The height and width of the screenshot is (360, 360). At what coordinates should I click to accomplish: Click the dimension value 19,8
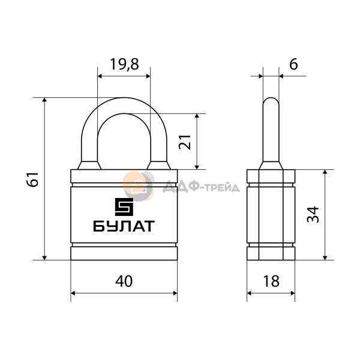click(x=125, y=64)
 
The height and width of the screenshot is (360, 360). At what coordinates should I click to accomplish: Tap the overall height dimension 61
click(x=32, y=179)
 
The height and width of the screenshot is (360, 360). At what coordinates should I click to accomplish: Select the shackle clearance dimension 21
click(x=185, y=142)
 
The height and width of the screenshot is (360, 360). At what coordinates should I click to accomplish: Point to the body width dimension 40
click(x=124, y=281)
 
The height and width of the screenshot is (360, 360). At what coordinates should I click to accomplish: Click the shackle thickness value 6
click(x=293, y=64)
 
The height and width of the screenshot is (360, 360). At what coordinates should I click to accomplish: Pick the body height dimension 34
click(x=313, y=214)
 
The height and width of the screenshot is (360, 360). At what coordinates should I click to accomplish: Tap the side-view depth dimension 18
click(x=271, y=281)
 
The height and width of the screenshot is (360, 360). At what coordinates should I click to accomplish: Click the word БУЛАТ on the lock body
click(x=124, y=226)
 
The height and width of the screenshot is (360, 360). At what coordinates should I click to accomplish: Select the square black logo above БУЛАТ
click(x=124, y=207)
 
